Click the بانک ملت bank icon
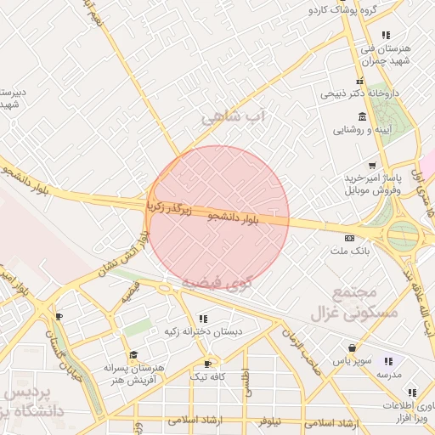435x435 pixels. (x=349, y=238)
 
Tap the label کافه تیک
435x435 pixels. (x=206, y=376)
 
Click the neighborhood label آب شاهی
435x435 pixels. (x=234, y=116)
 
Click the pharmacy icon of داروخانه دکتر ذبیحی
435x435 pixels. (x=360, y=81)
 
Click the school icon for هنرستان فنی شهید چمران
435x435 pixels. (x=386, y=36)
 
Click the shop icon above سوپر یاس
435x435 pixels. (x=352, y=347)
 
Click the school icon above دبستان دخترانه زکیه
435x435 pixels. (x=201, y=319)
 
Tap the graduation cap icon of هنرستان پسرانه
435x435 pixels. (x=133, y=354)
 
